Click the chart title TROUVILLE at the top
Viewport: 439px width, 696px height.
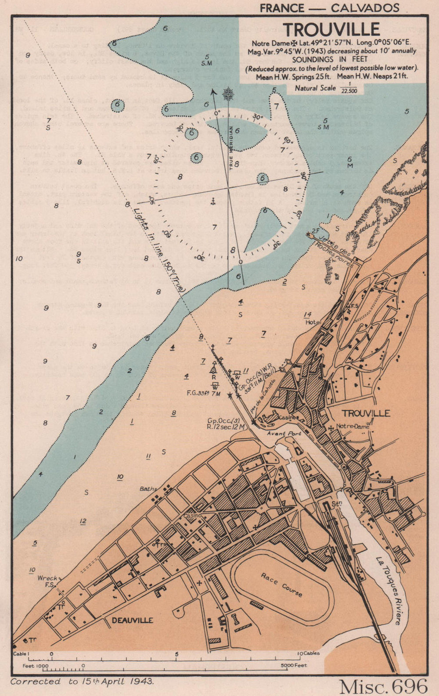point(331,29)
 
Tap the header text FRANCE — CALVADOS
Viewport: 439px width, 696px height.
point(329,8)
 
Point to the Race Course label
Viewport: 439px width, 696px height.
point(282,584)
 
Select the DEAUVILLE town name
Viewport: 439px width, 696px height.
point(132,620)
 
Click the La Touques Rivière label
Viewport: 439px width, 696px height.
point(389,590)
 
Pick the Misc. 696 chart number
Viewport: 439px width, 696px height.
point(383,685)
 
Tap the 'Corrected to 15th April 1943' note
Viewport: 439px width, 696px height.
point(82,682)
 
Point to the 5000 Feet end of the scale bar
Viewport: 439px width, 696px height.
point(295,666)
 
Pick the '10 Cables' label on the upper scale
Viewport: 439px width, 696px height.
point(309,653)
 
